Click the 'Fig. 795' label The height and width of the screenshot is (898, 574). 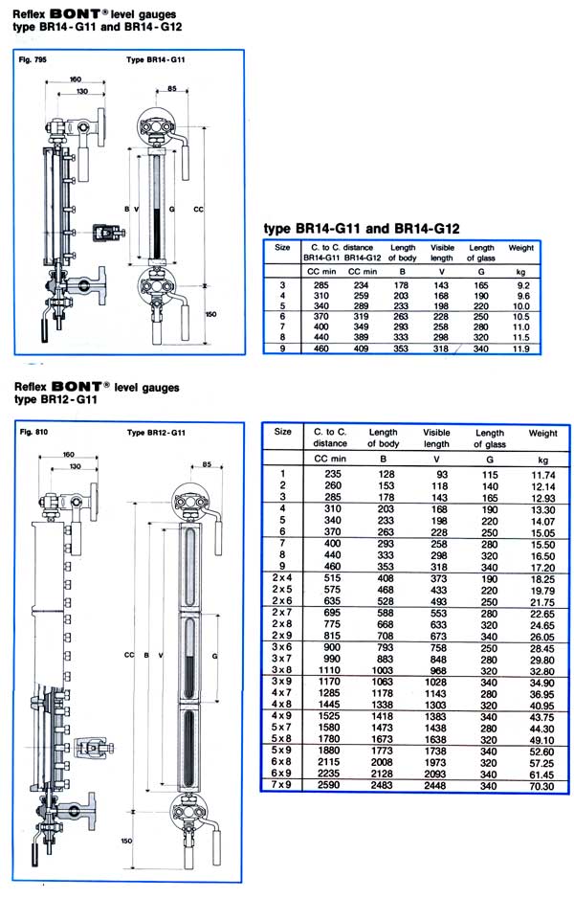[x=33, y=59]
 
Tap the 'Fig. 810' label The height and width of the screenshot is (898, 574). [x=33, y=432]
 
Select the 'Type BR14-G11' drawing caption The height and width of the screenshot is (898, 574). [x=156, y=59]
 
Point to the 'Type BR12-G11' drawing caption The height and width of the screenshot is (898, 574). [x=156, y=433]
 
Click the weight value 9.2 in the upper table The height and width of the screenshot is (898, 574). [x=523, y=285]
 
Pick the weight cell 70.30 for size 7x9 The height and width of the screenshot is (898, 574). [x=541, y=786]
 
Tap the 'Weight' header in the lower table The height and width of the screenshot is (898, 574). [x=542, y=434]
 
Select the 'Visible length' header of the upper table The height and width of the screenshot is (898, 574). [x=442, y=253]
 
